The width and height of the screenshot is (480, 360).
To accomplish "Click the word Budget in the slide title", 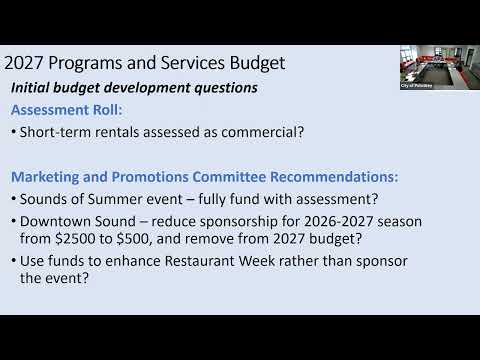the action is [x=257, y=63].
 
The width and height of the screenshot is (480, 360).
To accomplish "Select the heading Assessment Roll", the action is [x=67, y=110].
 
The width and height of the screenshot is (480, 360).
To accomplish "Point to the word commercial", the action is [x=263, y=132].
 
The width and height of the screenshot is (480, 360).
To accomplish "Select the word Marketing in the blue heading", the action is [x=45, y=177].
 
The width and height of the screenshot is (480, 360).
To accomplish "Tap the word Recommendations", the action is [x=334, y=177].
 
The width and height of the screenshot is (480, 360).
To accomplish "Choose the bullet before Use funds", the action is [x=14, y=261].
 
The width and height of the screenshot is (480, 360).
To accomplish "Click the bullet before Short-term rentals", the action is [x=14, y=132].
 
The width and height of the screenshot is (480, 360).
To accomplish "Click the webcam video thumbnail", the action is [x=440, y=67].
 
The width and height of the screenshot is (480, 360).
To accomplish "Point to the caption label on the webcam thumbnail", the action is [x=417, y=86].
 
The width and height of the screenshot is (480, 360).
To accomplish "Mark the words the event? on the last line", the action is [x=54, y=278].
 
